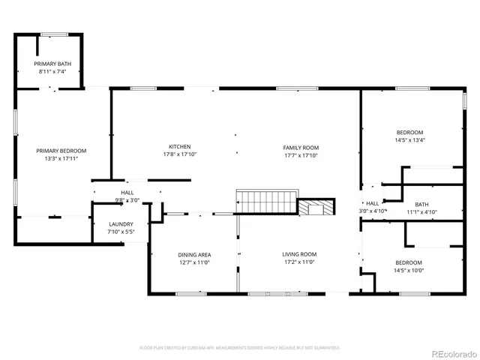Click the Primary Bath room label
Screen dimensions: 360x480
point(51,64)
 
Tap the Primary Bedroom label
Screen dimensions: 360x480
point(61,151)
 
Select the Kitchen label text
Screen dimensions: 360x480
point(179,147)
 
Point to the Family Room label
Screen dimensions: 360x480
point(301,148)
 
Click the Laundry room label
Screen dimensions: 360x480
point(121,224)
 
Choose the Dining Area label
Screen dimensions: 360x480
point(193,255)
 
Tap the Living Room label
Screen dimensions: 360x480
point(298,254)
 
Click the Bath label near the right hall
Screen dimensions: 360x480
point(421,204)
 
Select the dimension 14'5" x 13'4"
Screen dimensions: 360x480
point(409,140)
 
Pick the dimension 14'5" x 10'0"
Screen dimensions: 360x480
point(409,270)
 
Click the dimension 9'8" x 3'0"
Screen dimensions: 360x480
point(127,200)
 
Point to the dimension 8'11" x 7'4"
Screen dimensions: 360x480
point(51,72)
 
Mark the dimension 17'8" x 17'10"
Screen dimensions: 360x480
point(179,155)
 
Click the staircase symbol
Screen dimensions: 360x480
point(266,202)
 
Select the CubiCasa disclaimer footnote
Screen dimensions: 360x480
point(240,348)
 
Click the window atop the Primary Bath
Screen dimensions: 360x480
point(53,33)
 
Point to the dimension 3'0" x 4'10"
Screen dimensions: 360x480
point(373,211)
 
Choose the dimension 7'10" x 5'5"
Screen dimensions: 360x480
point(121,232)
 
